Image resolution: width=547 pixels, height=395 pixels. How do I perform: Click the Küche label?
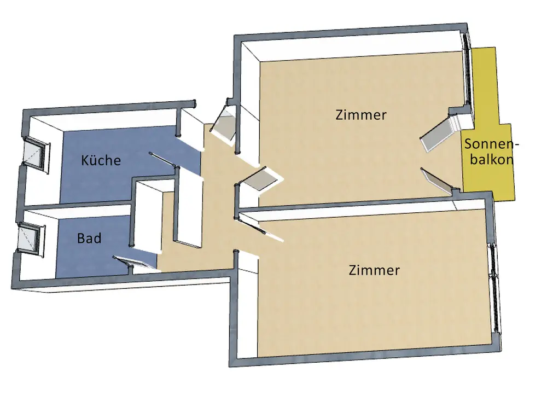coord(101,161)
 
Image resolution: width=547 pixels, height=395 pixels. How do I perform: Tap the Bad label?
coord(89,239)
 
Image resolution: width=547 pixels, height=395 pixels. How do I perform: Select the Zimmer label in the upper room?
coord(361,115)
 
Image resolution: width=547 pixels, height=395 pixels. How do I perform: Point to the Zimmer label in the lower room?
coord(374,270)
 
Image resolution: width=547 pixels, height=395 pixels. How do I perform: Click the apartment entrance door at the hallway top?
coord(223,125)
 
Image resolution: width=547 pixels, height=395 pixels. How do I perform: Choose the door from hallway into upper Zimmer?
coord(259,179)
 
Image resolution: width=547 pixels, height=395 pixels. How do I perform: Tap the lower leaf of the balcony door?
coord(438,181)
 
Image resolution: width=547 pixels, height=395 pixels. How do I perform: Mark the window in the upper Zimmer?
coord(468,71)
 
